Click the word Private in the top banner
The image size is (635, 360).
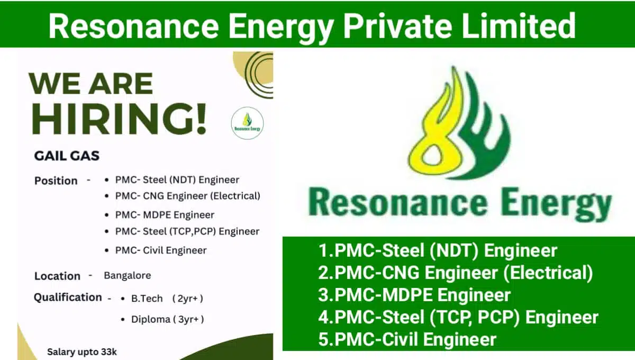[x=398, y=25]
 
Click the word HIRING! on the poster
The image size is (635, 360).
[x=119, y=118]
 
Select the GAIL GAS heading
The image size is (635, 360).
[x=67, y=156]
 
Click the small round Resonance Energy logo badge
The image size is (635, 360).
[x=247, y=123]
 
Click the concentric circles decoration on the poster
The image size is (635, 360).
[x=258, y=74]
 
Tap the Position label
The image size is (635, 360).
[x=56, y=181]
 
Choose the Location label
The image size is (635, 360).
[x=57, y=276]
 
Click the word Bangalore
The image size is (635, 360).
[x=128, y=275]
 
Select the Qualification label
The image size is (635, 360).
[x=68, y=298]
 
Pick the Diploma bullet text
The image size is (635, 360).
[x=168, y=319]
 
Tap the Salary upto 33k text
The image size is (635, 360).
[x=82, y=352]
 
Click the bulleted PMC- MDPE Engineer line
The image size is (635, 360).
[x=165, y=215]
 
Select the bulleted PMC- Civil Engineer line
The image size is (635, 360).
[x=161, y=250]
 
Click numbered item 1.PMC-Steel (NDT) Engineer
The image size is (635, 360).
[x=438, y=250]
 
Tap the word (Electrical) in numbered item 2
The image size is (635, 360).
[x=548, y=273]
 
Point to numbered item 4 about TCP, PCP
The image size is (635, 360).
[x=458, y=317]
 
